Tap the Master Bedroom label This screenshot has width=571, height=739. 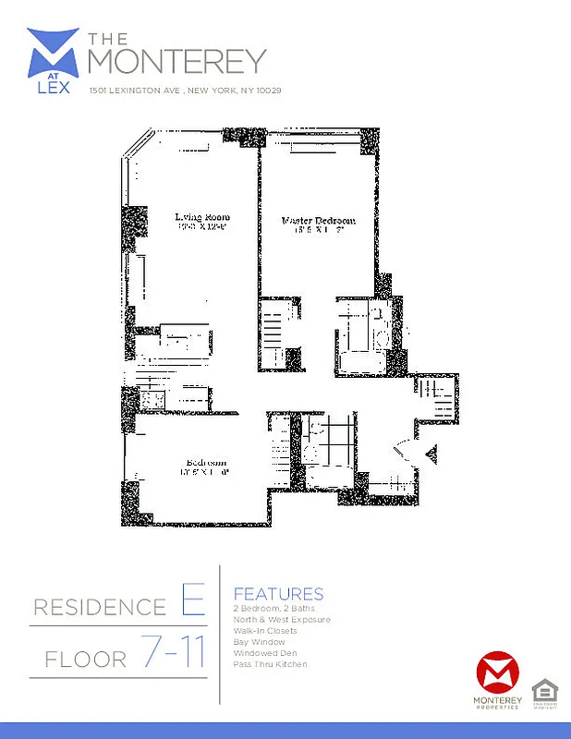[318, 222]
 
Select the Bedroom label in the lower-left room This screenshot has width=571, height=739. [206, 463]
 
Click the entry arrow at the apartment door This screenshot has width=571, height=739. [430, 453]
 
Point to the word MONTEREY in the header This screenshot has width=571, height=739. [176, 60]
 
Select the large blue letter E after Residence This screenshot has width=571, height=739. [191, 604]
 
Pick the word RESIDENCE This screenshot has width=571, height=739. [100, 608]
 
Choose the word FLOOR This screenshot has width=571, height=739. [85, 660]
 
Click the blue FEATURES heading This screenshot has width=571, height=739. [278, 594]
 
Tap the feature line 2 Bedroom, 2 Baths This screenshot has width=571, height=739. [274, 609]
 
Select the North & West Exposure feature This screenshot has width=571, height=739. [282, 620]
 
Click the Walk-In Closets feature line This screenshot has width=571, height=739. [266, 631]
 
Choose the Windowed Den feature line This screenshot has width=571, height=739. [262, 653]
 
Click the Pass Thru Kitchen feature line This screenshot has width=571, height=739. [271, 664]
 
